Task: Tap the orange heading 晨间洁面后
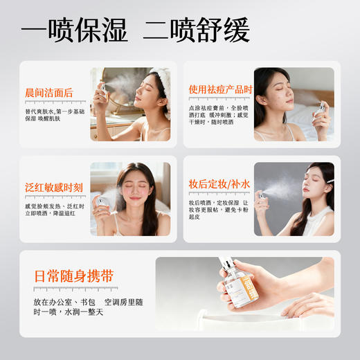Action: [x=48, y=93]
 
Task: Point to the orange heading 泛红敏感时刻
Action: [x=54, y=187]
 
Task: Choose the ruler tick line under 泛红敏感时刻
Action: [x=54, y=197]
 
